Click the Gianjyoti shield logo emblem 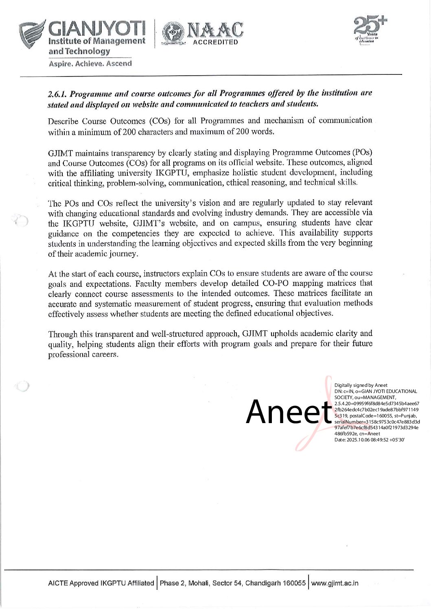34,36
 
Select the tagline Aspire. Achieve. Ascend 90,63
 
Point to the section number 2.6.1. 57,94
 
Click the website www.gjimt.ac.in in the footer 335,583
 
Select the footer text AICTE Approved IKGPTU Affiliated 101,583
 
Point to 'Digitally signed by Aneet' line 361,385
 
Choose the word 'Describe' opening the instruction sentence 63,121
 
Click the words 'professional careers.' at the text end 83,354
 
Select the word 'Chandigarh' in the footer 263,583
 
